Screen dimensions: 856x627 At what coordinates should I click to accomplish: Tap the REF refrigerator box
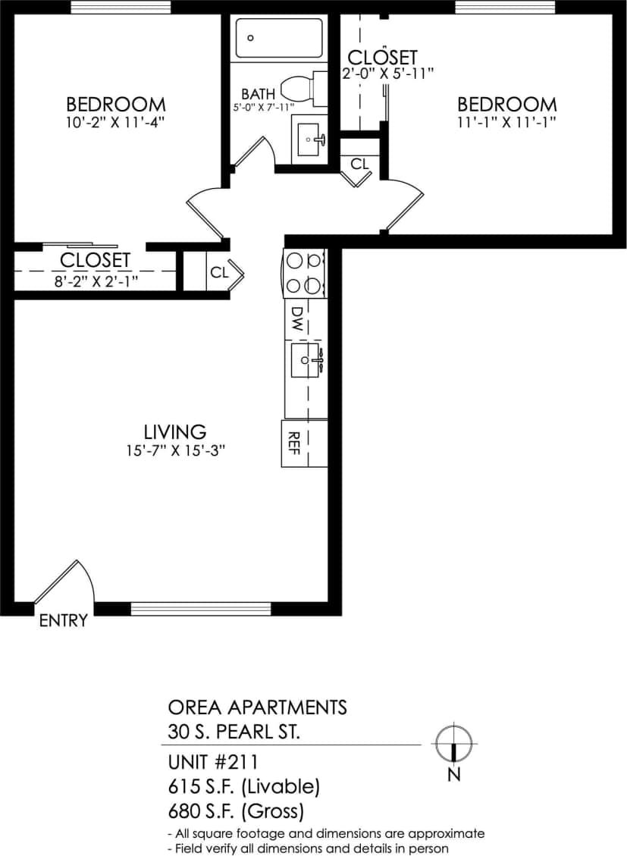click(293, 443)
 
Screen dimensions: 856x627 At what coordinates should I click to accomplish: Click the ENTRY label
click(63, 621)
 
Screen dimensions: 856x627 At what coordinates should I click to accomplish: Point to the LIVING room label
click(175, 431)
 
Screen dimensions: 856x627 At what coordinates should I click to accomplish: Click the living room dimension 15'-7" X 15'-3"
click(177, 450)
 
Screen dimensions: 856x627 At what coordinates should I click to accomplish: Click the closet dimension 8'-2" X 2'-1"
click(96, 281)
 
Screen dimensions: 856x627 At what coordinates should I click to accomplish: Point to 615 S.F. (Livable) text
click(243, 786)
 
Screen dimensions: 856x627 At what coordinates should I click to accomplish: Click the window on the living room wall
click(201, 608)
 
